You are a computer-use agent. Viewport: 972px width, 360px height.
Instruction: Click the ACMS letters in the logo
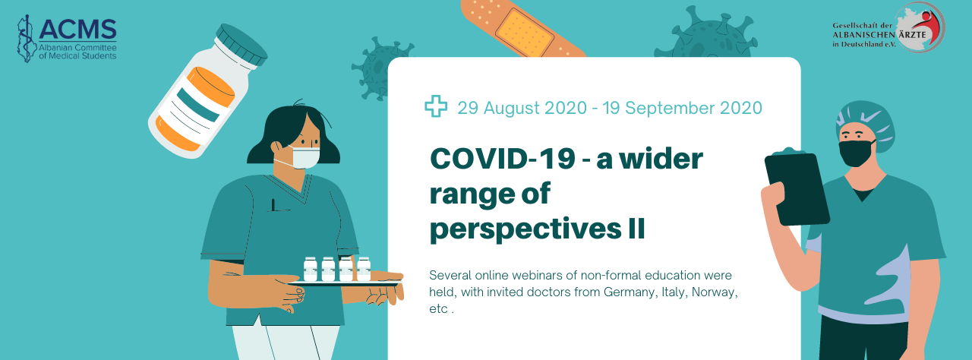[77, 30]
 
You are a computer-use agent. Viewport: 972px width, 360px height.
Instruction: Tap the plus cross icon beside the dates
[436, 106]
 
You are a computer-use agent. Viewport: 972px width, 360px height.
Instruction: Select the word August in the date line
[513, 108]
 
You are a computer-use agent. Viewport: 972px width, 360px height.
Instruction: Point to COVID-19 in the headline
[503, 159]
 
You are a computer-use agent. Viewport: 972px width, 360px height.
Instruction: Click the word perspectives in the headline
[525, 230]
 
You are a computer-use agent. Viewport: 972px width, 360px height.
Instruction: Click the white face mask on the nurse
[305, 158]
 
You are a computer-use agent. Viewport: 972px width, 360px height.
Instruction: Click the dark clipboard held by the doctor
[797, 188]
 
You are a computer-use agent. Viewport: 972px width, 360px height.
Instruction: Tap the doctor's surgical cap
[865, 123]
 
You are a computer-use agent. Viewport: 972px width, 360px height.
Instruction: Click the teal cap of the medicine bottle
[241, 45]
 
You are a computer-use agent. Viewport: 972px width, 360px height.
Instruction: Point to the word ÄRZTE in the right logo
[912, 35]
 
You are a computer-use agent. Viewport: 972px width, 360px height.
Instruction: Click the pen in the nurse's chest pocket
[273, 205]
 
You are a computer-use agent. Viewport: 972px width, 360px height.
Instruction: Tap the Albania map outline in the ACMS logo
[26, 39]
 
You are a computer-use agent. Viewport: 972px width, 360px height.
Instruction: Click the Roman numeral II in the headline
[636, 229]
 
